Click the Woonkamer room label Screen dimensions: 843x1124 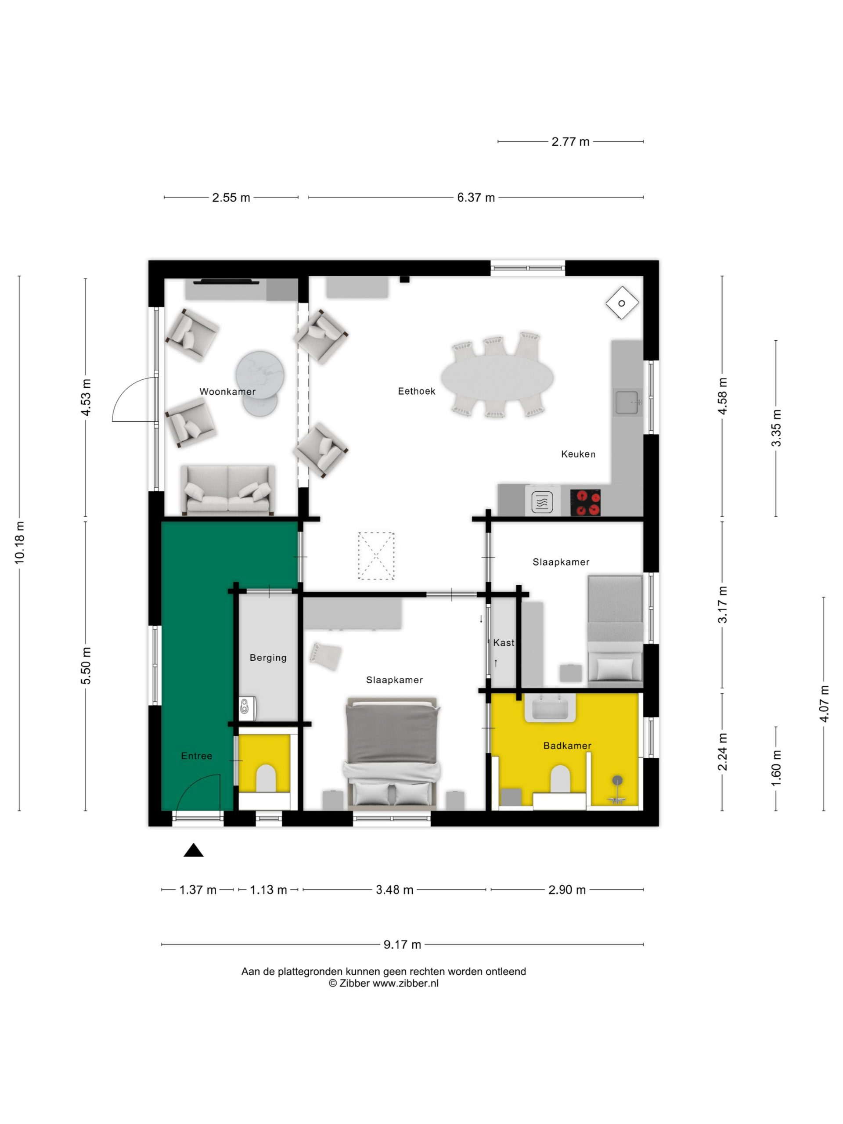point(227,392)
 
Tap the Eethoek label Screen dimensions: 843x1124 point(416,391)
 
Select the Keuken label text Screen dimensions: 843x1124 point(578,454)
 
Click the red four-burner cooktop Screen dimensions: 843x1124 point(585,503)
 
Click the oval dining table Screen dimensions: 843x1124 point(497,377)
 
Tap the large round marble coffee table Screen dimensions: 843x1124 point(259,375)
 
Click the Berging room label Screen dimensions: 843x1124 point(268,658)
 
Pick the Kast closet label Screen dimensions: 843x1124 point(504,643)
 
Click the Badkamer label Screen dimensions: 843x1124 point(567,746)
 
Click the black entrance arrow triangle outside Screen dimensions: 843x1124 point(193,850)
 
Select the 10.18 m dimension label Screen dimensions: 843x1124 point(19,542)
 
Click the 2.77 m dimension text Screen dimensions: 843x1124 point(571,142)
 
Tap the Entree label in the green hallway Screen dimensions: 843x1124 point(197,756)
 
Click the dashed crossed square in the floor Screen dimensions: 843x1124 point(376,555)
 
